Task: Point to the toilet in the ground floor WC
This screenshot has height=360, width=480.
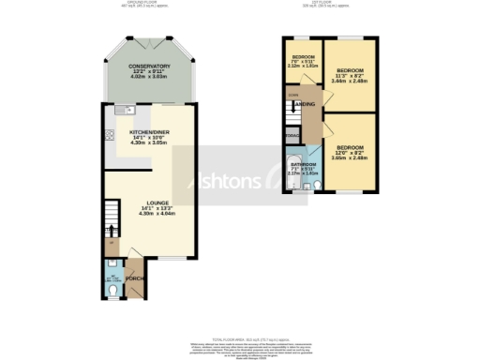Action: pos(112,292)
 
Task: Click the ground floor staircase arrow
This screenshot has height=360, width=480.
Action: pos(112,232)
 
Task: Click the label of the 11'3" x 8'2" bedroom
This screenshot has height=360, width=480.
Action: pos(350,71)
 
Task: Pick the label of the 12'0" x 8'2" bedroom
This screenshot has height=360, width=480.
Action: pos(350,147)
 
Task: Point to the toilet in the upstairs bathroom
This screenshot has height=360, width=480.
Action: pos(316,185)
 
